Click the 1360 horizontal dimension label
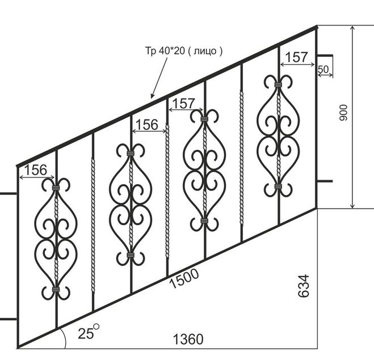pos(188,339)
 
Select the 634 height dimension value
pos(304,286)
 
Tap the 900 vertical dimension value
pos(344,113)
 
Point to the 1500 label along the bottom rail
pos(184,278)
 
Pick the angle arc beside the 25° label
pos(64,337)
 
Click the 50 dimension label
pos(323,69)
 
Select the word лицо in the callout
pos(205,51)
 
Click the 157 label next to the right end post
pos(296,57)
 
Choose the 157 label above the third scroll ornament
pos(183,104)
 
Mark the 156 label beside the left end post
pos(36,170)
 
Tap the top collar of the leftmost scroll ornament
pos(56,188)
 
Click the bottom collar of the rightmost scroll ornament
pos(278,187)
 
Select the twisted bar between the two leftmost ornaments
pos(93,225)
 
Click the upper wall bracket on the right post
pos(325,56)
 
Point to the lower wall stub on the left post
pos(9,319)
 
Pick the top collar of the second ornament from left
pos(130,153)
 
